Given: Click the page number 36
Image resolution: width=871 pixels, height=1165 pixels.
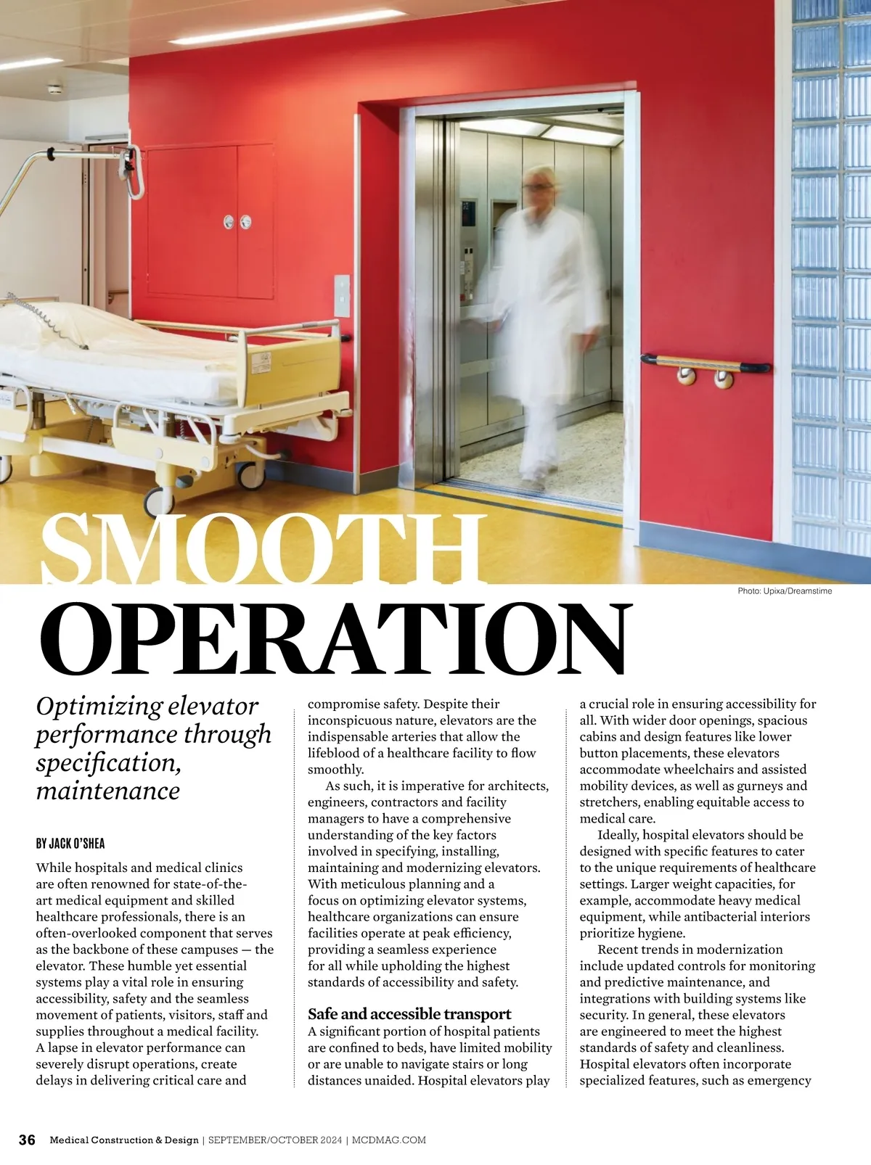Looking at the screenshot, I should tap(27, 1140).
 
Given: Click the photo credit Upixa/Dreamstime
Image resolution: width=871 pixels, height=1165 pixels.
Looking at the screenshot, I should tap(784, 591).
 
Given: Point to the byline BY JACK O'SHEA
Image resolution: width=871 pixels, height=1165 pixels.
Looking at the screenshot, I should tap(70, 844).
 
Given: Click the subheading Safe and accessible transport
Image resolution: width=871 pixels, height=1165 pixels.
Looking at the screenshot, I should tap(409, 1014).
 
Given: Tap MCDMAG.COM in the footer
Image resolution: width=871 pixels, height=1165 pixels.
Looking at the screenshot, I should tap(389, 1140).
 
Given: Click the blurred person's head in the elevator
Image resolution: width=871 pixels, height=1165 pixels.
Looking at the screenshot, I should tap(539, 186).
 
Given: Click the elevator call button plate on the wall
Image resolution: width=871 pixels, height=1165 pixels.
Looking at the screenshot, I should tap(342, 295).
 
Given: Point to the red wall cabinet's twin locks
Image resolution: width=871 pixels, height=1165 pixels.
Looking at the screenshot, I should tap(237, 221).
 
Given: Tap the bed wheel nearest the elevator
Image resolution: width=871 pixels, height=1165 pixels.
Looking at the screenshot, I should tap(251, 474).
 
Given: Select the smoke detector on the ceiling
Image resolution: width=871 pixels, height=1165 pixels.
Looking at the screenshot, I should tap(55, 89).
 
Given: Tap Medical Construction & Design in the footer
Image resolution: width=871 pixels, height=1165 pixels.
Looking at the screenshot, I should tap(124, 1140).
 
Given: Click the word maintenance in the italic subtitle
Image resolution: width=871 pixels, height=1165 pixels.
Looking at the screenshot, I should tap(107, 791).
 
